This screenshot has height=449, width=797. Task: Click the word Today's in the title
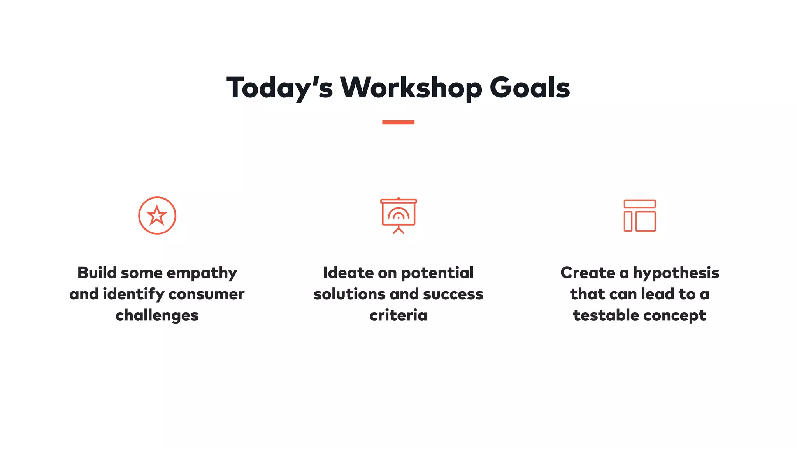pos(279,88)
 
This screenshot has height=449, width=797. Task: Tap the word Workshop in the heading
pos(411,88)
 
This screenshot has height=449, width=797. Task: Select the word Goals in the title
pos(530,88)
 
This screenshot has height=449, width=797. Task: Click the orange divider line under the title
pos(398,122)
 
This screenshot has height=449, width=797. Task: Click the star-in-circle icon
pos(157,216)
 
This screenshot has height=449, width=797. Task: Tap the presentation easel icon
pos(398,216)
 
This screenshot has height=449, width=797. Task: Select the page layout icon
pos(639,216)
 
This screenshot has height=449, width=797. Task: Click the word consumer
pos(206,294)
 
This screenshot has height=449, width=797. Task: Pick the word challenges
pos(157,315)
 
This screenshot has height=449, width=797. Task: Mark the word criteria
pos(398,315)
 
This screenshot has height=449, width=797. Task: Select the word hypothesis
pos(676,273)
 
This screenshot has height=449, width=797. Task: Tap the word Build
pos(97,273)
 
